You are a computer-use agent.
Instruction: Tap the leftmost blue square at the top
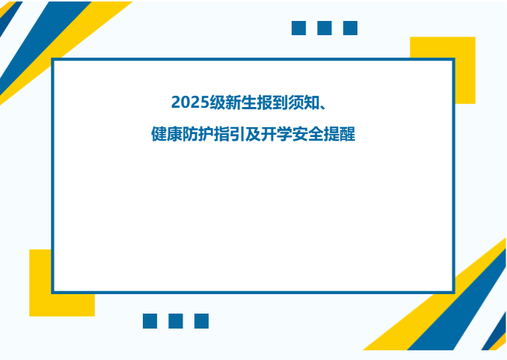click(x=299, y=28)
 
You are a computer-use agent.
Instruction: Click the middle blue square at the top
click(x=325, y=28)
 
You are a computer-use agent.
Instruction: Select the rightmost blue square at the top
click(x=350, y=28)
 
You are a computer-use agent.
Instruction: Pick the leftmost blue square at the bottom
click(x=150, y=321)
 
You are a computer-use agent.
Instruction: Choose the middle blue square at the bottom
click(x=176, y=321)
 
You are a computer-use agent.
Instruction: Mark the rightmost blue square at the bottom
click(x=201, y=321)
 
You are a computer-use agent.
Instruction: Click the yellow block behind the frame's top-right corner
click(x=464, y=49)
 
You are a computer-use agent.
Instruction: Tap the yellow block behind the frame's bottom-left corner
click(x=40, y=304)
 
